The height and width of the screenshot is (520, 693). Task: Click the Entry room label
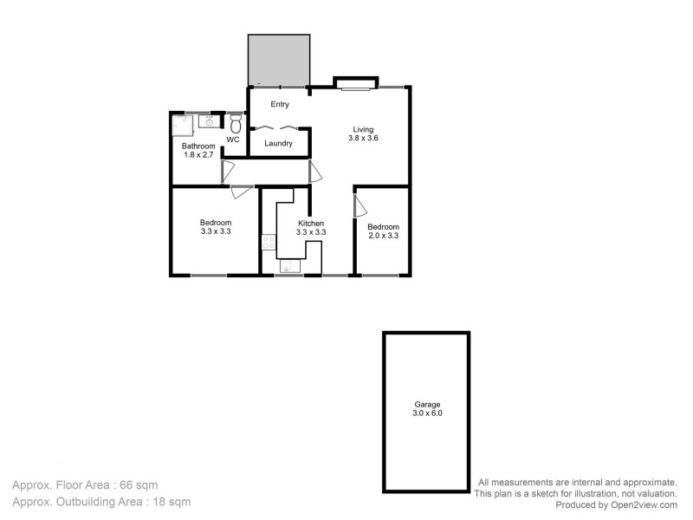tap(279, 105)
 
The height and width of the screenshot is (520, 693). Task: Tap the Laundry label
tap(278, 143)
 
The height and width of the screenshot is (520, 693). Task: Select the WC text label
tap(233, 140)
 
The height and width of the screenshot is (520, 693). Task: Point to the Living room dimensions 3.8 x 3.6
tap(363, 138)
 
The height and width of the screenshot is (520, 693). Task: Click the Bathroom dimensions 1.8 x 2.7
tap(198, 155)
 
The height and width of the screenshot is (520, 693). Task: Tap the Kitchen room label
tap(311, 223)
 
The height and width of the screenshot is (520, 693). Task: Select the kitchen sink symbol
tap(289, 266)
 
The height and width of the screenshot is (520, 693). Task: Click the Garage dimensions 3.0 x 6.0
tap(426, 413)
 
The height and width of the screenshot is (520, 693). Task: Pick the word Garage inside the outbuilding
tap(426, 404)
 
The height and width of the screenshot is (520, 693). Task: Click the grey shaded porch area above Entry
tap(279, 60)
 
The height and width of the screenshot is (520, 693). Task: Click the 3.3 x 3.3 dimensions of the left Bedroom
tap(216, 231)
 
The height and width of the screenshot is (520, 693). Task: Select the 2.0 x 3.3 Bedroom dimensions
tap(383, 235)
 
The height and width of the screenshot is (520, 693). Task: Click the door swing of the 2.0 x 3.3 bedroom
tap(359, 205)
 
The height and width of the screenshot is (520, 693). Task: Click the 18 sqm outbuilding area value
tap(172, 501)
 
